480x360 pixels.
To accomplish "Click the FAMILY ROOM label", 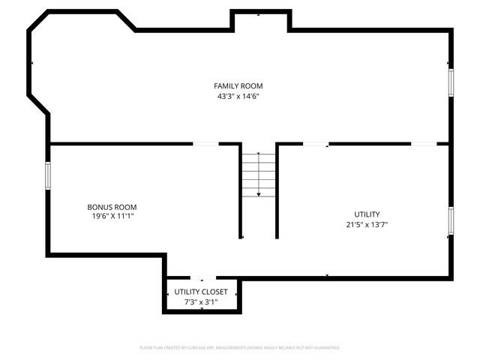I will coord(238,86).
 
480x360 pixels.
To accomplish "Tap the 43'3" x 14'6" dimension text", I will coord(238,96).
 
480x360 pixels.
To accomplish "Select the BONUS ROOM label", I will coord(112,207).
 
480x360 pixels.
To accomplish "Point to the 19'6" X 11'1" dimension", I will coord(112,216).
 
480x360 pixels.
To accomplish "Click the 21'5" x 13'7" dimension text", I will coord(367,223).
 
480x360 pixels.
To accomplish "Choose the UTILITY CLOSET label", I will coord(201,292).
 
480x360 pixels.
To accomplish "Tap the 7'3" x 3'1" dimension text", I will coord(201,301).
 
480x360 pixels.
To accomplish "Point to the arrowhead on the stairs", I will coord(259,194).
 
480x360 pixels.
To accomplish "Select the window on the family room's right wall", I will coord(451,82).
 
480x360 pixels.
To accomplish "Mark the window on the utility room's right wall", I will coord(451,220).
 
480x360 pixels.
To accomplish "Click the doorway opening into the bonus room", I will coord(206,143).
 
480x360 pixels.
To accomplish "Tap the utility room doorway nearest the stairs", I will coord(315,143).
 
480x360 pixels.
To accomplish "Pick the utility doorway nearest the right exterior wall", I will coord(424,143).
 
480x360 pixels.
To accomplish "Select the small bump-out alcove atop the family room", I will coord(259,21).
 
